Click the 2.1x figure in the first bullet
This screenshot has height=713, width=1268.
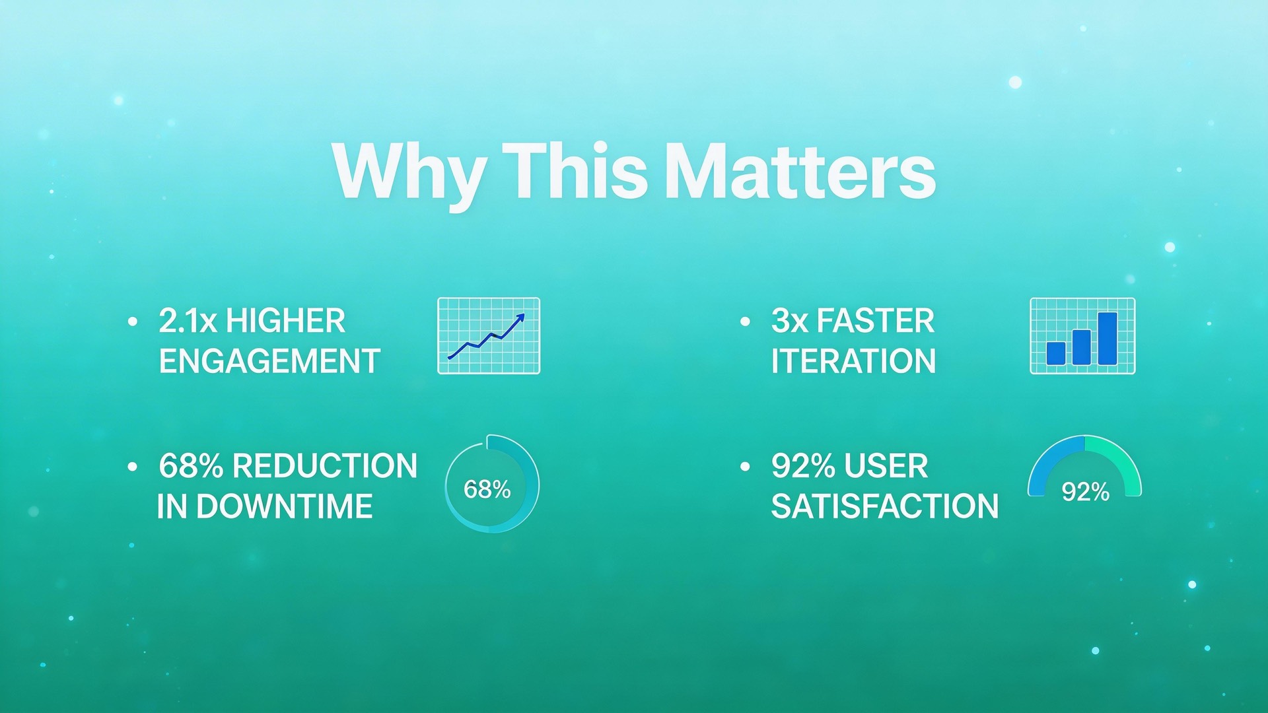click(x=188, y=322)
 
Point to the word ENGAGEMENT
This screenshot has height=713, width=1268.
click(x=269, y=362)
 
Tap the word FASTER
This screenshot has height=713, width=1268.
click(x=875, y=322)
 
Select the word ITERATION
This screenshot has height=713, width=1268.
click(x=853, y=362)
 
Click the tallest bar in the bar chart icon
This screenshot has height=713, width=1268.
click(x=1108, y=338)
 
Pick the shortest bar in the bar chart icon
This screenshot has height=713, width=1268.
click(x=1055, y=353)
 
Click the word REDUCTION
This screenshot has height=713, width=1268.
click(x=325, y=466)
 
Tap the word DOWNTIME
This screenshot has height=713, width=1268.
click(x=284, y=507)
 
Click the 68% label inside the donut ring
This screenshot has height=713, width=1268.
click(x=487, y=489)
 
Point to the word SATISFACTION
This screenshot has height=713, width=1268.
click(x=885, y=507)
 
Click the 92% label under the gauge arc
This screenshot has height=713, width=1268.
click(x=1085, y=492)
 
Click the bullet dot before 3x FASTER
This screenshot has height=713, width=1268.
click(x=746, y=322)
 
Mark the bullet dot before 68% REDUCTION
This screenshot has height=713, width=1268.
click(x=133, y=467)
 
